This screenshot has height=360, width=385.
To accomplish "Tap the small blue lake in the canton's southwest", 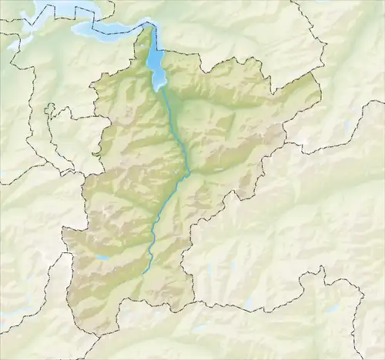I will point(103,259).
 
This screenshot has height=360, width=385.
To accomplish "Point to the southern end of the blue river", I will point(143,273).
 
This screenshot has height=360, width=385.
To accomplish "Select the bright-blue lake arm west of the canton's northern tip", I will point(108,29).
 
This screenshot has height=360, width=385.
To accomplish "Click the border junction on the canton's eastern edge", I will point(285,142).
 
